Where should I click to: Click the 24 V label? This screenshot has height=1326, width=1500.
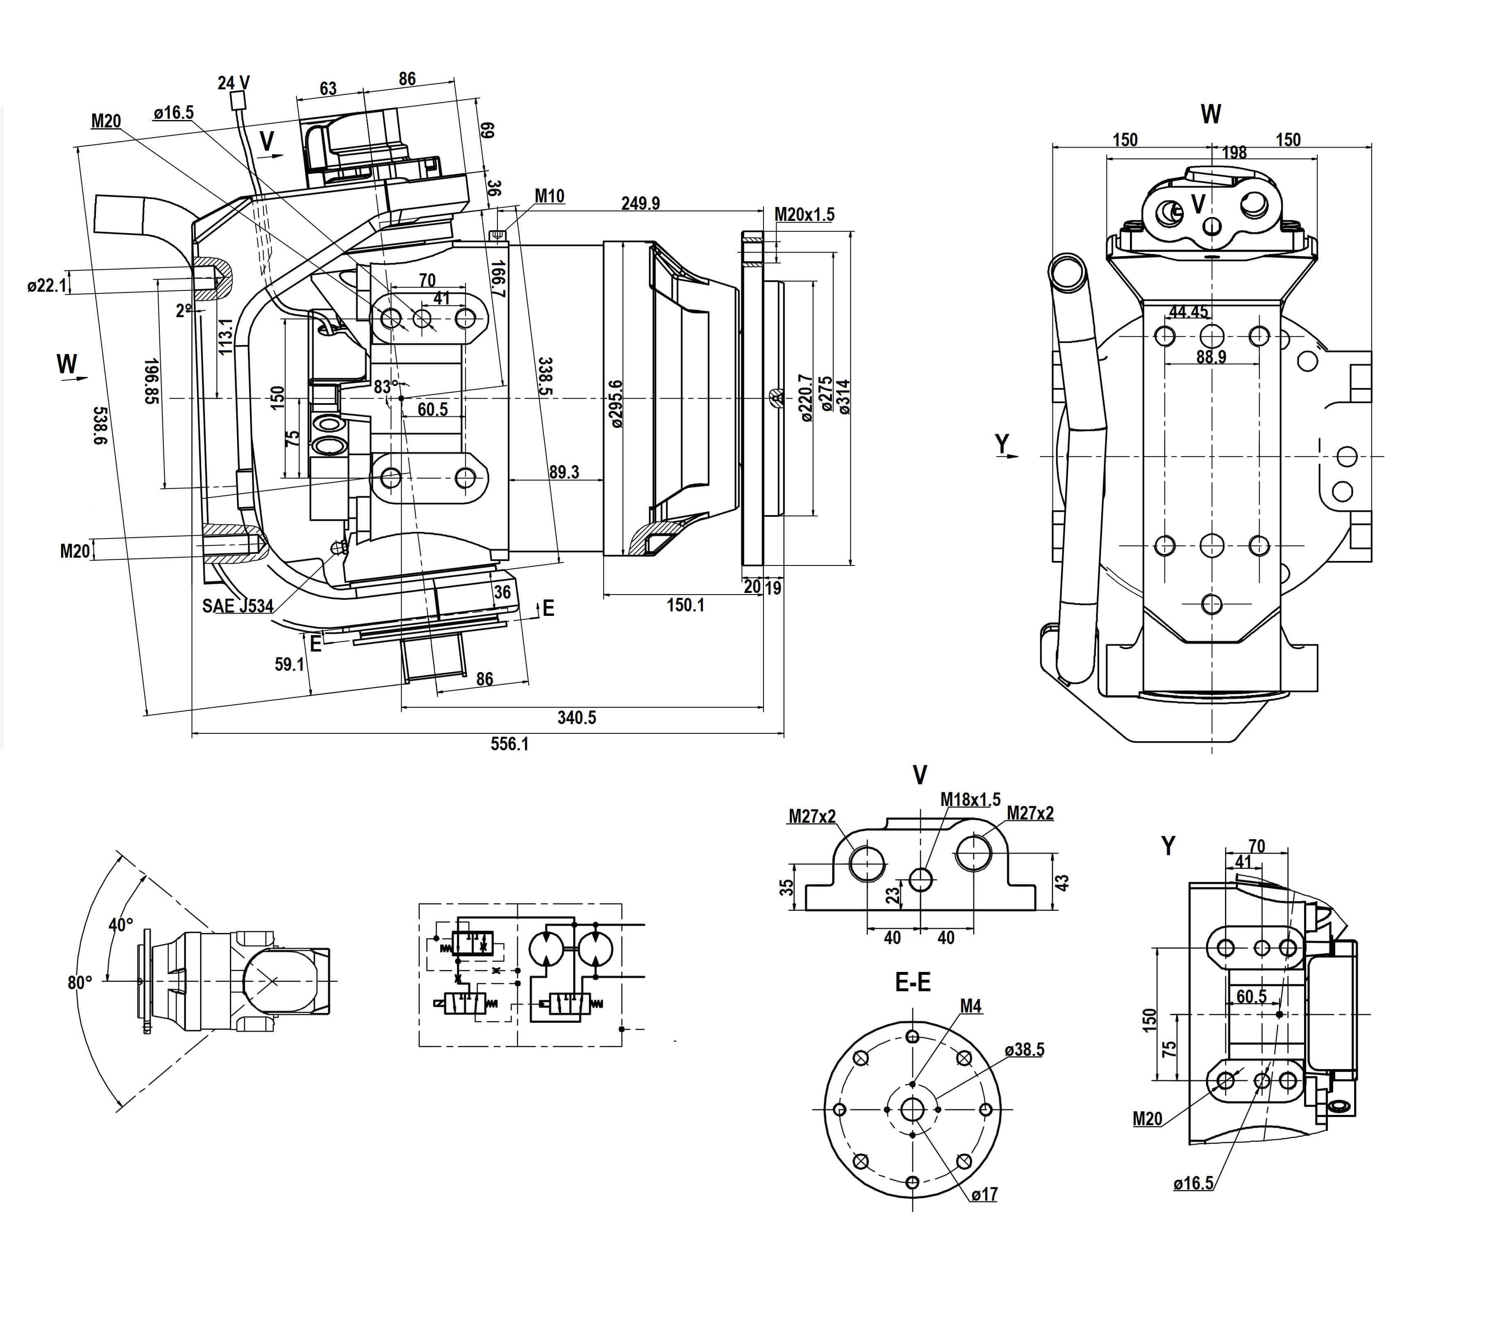[233, 82]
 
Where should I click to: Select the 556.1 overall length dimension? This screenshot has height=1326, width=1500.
[509, 744]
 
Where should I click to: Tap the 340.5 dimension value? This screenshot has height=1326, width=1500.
[576, 717]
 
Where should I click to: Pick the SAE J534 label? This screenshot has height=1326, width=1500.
[238, 606]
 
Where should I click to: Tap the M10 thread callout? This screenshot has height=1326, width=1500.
[549, 196]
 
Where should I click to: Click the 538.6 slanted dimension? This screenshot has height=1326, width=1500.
[103, 426]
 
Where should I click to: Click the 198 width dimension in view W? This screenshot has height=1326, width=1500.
[1234, 152]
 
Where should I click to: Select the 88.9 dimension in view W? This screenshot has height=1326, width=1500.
[1211, 356]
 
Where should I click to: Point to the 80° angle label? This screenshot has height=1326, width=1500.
[79, 983]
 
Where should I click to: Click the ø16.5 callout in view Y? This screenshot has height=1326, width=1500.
[1193, 1183]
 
